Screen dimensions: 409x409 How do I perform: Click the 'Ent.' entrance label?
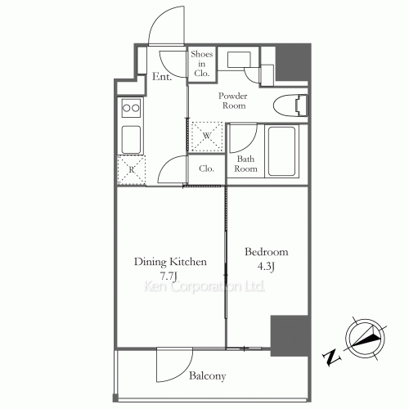161,79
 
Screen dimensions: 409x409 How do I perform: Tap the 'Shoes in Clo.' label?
201,64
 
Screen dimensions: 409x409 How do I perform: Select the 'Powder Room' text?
232,100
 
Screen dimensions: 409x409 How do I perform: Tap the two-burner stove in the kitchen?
131,107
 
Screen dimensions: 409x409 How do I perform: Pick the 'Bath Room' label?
246,164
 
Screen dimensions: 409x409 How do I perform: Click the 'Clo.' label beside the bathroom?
206,169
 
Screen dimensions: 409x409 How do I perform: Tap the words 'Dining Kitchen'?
170,262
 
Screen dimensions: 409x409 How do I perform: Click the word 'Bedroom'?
267,252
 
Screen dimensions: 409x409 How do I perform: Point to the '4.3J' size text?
267,266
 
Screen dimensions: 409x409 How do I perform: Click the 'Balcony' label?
208,377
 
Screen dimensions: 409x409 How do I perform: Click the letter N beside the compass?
331,357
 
